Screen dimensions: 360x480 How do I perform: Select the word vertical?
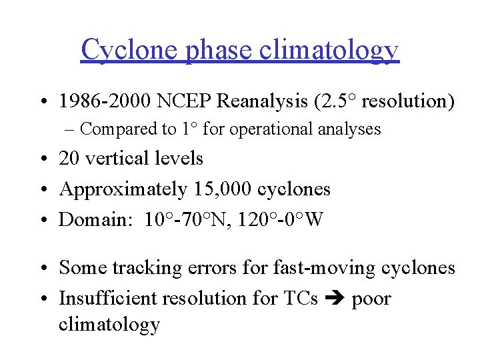[x=113, y=158]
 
